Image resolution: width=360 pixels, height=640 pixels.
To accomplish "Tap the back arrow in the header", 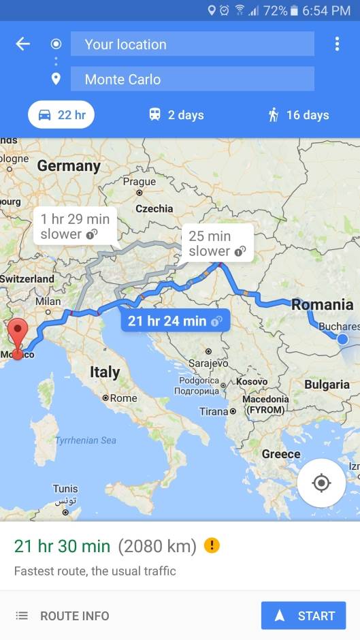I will pyautogui.click(x=23, y=44).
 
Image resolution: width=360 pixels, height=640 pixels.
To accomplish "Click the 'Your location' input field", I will pyautogui.click(x=192, y=44).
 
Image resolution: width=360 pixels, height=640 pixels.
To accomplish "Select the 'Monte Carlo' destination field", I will pyautogui.click(x=192, y=79).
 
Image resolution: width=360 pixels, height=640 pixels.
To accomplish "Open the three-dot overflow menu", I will pyautogui.click(x=337, y=44).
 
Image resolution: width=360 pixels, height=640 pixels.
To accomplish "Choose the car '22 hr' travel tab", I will pyautogui.click(x=61, y=115).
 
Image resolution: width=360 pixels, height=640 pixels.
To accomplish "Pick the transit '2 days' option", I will pyautogui.click(x=176, y=115).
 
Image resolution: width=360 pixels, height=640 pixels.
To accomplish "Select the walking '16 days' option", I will pyautogui.click(x=298, y=115).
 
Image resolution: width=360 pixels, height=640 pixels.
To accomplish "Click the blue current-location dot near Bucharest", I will pyautogui.click(x=342, y=338).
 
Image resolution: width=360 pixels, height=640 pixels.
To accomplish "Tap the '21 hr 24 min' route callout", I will pyautogui.click(x=175, y=321).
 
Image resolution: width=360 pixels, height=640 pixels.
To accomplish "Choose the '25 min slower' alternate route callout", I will pyautogui.click(x=216, y=244).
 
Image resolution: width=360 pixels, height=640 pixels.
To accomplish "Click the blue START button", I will pyautogui.click(x=304, y=615).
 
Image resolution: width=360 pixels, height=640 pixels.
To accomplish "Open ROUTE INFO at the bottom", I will pyautogui.click(x=62, y=615).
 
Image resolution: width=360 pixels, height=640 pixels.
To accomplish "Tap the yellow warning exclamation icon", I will pyautogui.click(x=212, y=546).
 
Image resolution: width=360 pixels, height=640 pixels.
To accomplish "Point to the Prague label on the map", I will pyautogui.click(x=140, y=182).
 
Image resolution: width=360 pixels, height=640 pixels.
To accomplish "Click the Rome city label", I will pyautogui.click(x=122, y=398).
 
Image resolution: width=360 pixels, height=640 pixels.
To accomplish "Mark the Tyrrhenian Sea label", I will pyautogui.click(x=85, y=441).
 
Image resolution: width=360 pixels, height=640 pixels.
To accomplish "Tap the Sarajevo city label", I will pyautogui.click(x=208, y=363).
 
